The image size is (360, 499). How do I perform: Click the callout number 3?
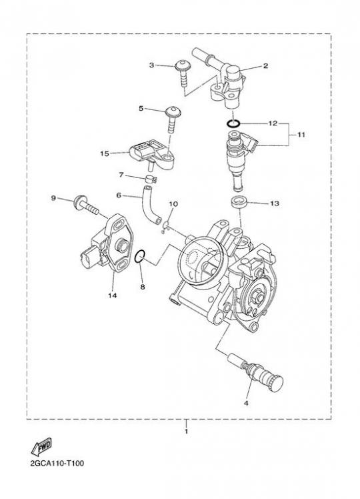pyautogui.click(x=151, y=65)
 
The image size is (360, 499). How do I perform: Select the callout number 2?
pyautogui.click(x=265, y=66)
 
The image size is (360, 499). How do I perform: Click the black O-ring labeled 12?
pyautogui.click(x=233, y=123)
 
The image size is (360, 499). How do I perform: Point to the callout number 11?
pyautogui.click(x=301, y=135)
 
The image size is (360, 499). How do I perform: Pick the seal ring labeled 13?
pyautogui.click(x=239, y=202)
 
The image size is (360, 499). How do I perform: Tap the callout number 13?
pyautogui.click(x=275, y=203)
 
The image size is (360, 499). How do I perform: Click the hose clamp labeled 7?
pyautogui.click(x=151, y=179)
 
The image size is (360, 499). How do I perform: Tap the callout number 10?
pyautogui.click(x=173, y=203)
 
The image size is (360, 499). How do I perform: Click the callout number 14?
pyautogui.click(x=112, y=296)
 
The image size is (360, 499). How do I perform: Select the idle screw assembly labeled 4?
pyautogui.click(x=255, y=373)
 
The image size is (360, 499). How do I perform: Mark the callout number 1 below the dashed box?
pyautogui.click(x=187, y=432)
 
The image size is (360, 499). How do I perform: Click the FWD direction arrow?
pyautogui.click(x=41, y=447)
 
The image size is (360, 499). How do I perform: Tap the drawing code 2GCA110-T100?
pyautogui.click(x=57, y=463)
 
